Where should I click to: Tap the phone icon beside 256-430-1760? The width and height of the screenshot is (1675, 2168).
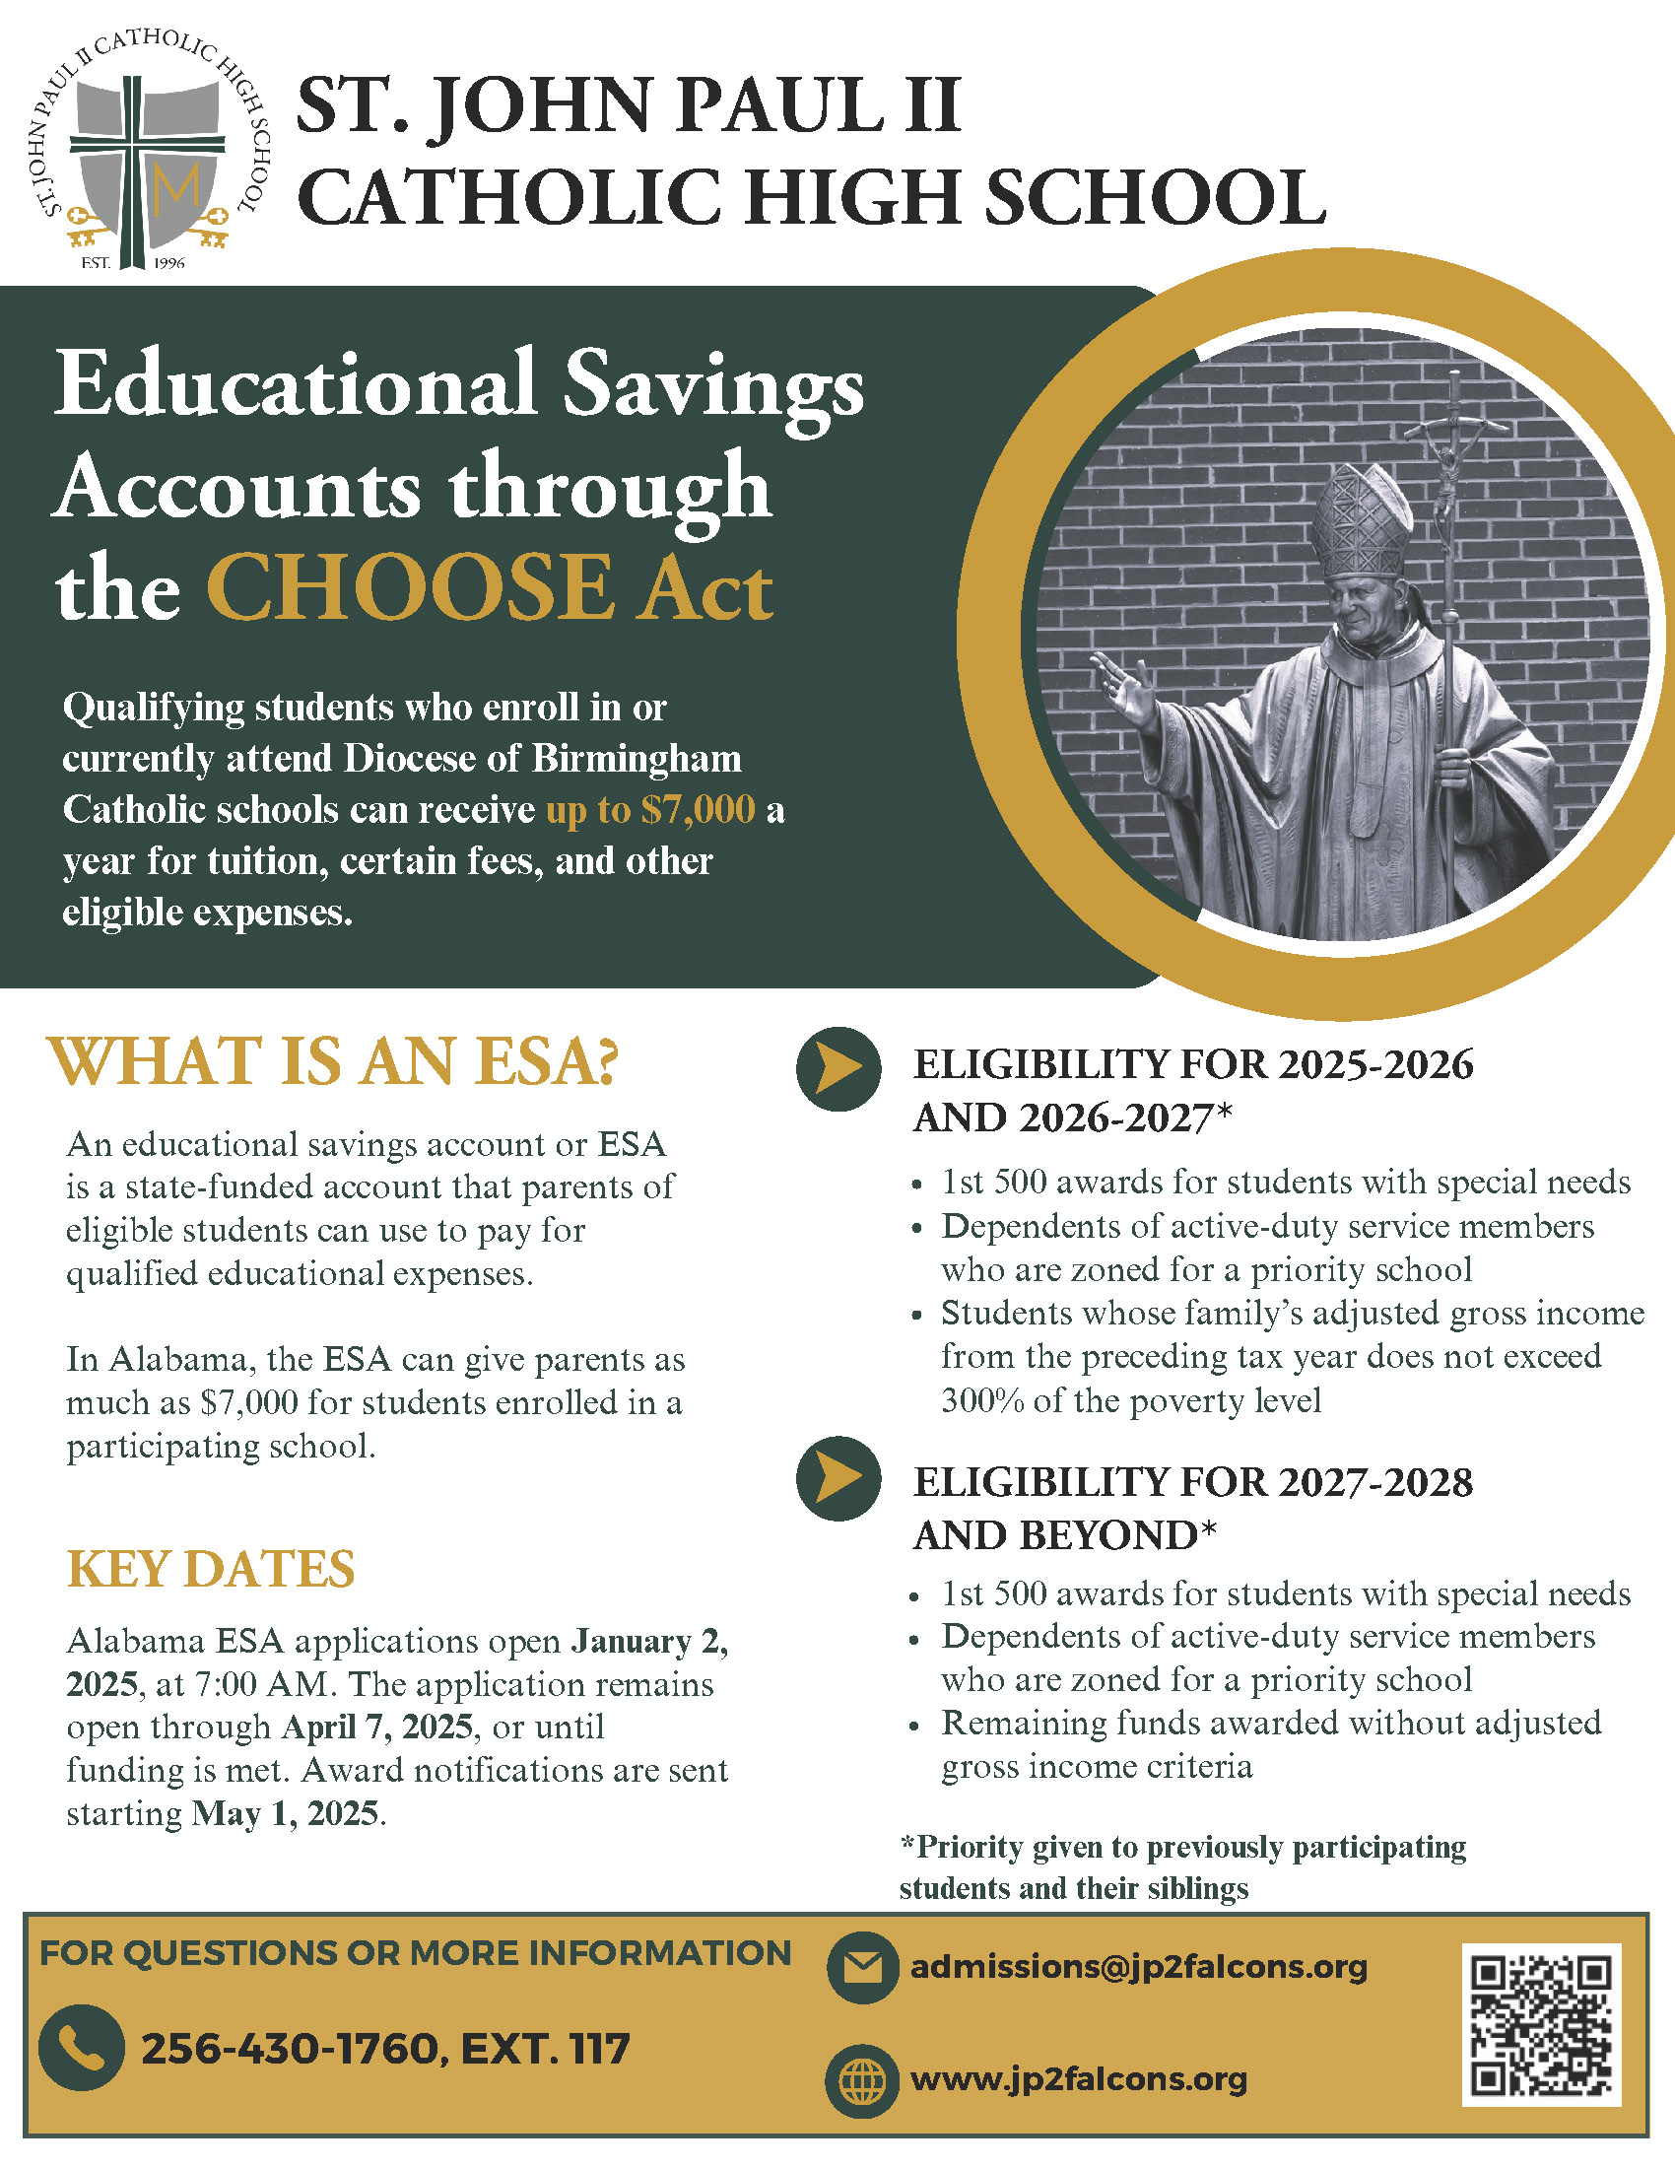point(82,2047)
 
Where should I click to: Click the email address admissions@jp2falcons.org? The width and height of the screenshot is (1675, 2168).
point(1138,1967)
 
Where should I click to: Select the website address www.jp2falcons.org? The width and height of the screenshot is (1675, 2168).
point(1078,2078)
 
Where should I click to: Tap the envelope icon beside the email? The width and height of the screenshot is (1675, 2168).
point(861,1968)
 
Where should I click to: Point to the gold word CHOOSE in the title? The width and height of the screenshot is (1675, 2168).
point(410,588)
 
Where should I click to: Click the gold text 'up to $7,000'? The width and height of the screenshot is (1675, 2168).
point(650,810)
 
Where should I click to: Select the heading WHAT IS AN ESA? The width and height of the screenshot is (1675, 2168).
point(332,1061)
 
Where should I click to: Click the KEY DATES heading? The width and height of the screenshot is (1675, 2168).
point(211,1570)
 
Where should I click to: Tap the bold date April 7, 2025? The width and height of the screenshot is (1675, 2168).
point(376,1728)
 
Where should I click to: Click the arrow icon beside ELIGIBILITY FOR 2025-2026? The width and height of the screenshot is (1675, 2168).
point(838,1068)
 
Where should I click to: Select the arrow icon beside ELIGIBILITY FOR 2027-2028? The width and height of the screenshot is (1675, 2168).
point(838,1479)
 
